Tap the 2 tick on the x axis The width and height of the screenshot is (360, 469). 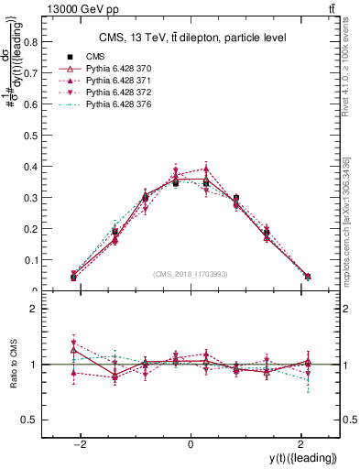[300, 444]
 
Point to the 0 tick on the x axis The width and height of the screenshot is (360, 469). [190, 444]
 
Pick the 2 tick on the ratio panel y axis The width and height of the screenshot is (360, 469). [30, 310]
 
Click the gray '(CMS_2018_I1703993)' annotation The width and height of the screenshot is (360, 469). [190, 274]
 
